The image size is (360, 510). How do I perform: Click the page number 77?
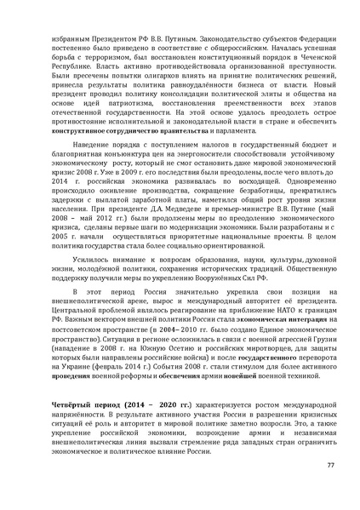(x=331, y=463)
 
